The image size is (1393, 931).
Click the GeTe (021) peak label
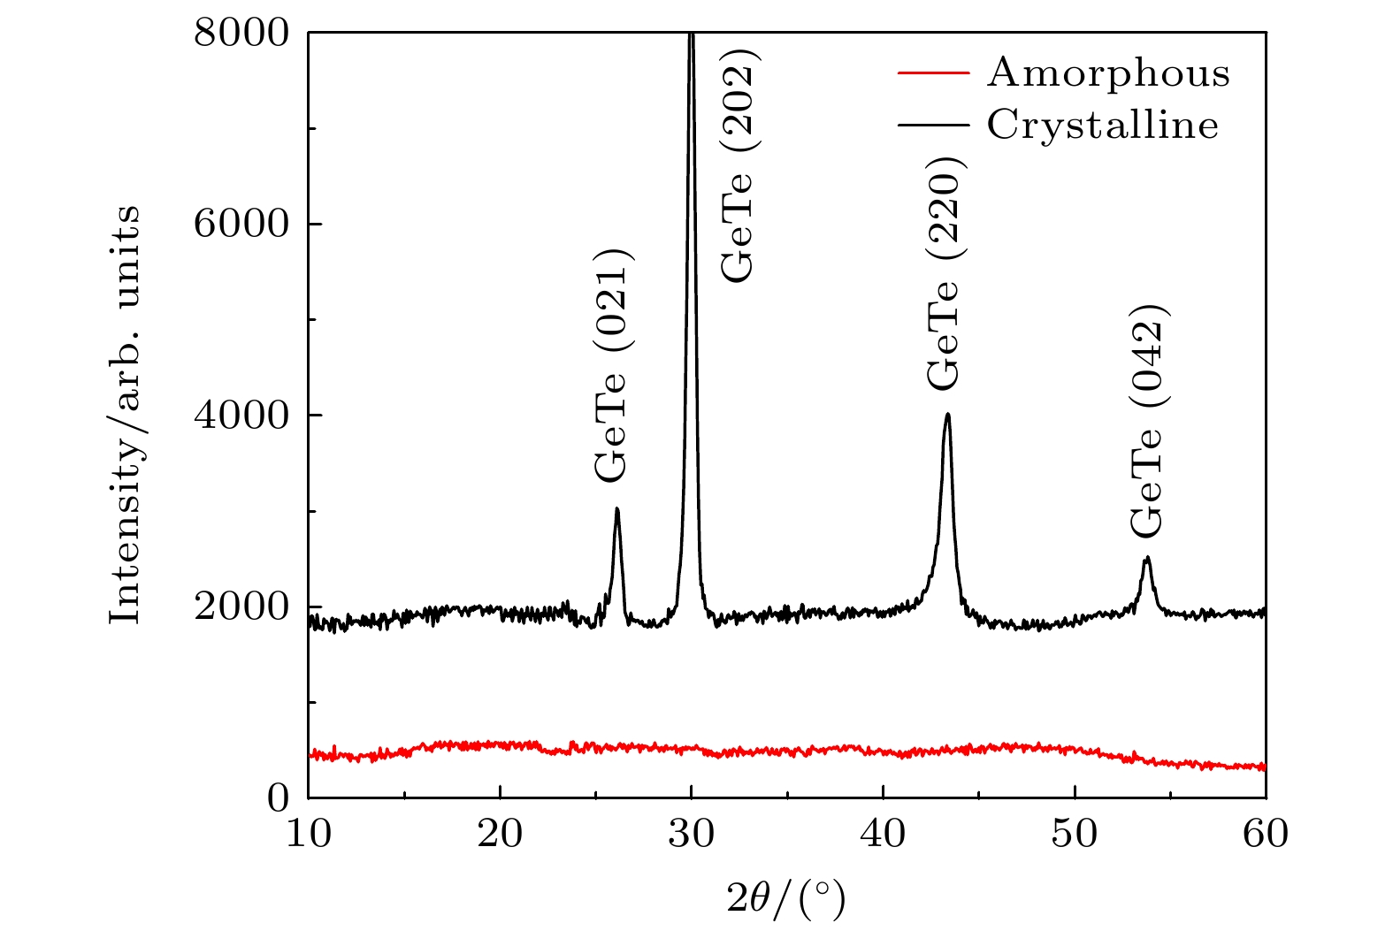611,363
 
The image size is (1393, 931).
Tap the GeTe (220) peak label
944,273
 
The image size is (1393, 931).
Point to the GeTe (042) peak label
1148,420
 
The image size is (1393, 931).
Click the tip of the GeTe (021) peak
616,509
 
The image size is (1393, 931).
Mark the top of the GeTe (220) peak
947,414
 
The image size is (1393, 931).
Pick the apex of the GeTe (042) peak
1147,558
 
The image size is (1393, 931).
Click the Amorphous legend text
1108,72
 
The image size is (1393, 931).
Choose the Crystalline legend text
1103,125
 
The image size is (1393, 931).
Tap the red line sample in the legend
933,72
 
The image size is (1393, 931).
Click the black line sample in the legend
933,125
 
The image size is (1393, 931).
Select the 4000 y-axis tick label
241,416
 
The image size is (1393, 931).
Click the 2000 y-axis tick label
241,607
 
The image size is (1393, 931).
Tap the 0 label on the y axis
279,798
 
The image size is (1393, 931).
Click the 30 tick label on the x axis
691,834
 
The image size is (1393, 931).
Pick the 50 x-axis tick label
1074,834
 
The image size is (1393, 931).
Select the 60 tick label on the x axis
1266,834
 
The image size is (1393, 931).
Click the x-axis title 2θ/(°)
786,899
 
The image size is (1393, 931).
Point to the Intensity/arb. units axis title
125,415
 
